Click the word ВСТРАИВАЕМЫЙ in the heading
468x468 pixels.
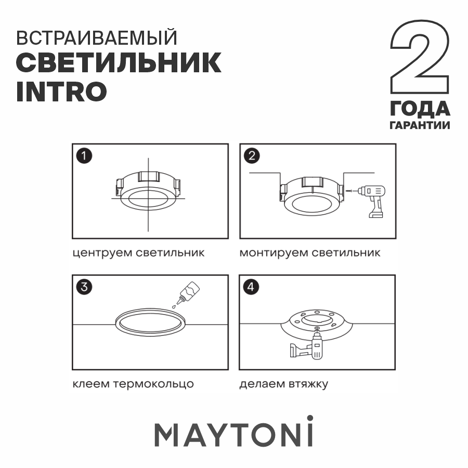[x=97, y=37]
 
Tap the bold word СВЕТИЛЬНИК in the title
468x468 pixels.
[x=119, y=63]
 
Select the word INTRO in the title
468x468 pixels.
[x=61, y=92]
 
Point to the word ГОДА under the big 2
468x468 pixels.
[x=420, y=109]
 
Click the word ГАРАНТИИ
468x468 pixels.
[x=420, y=125]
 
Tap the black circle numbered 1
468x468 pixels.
[x=84, y=156]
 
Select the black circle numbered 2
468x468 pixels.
[x=252, y=156]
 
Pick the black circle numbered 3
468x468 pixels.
[x=84, y=287]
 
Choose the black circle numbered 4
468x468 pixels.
[x=251, y=287]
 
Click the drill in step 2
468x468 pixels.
[x=372, y=201]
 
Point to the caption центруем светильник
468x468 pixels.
[x=138, y=253]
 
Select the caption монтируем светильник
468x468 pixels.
[x=310, y=253]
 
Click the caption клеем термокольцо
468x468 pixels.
[x=133, y=384]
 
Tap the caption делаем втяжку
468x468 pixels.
[x=284, y=384]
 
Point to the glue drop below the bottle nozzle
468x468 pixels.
[x=174, y=306]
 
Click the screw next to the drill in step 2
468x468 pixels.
[x=349, y=190]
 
